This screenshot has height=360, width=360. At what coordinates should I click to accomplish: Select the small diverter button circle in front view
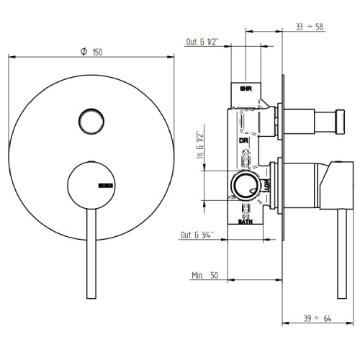point(90,119)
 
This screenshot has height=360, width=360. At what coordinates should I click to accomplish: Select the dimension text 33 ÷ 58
point(310,26)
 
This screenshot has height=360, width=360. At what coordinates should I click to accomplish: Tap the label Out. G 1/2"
point(204,42)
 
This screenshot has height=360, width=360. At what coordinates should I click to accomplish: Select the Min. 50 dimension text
point(206,275)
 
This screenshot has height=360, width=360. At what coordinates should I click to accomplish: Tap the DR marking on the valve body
point(243,140)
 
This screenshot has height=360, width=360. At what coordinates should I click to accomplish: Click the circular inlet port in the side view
point(245,186)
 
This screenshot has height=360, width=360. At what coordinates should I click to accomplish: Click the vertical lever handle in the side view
point(335,238)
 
